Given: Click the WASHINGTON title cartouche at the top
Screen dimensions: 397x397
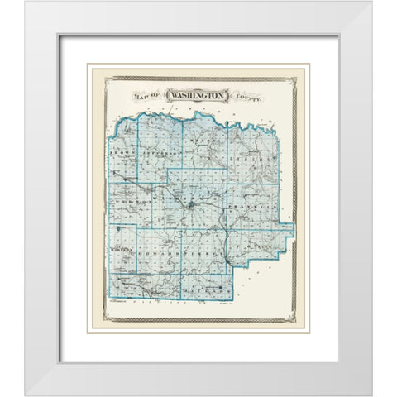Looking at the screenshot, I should click(x=198, y=96).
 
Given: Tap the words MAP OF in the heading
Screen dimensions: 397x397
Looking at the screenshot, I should click(x=147, y=98).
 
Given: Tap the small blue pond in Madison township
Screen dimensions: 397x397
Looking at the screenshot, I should click(x=122, y=227).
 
